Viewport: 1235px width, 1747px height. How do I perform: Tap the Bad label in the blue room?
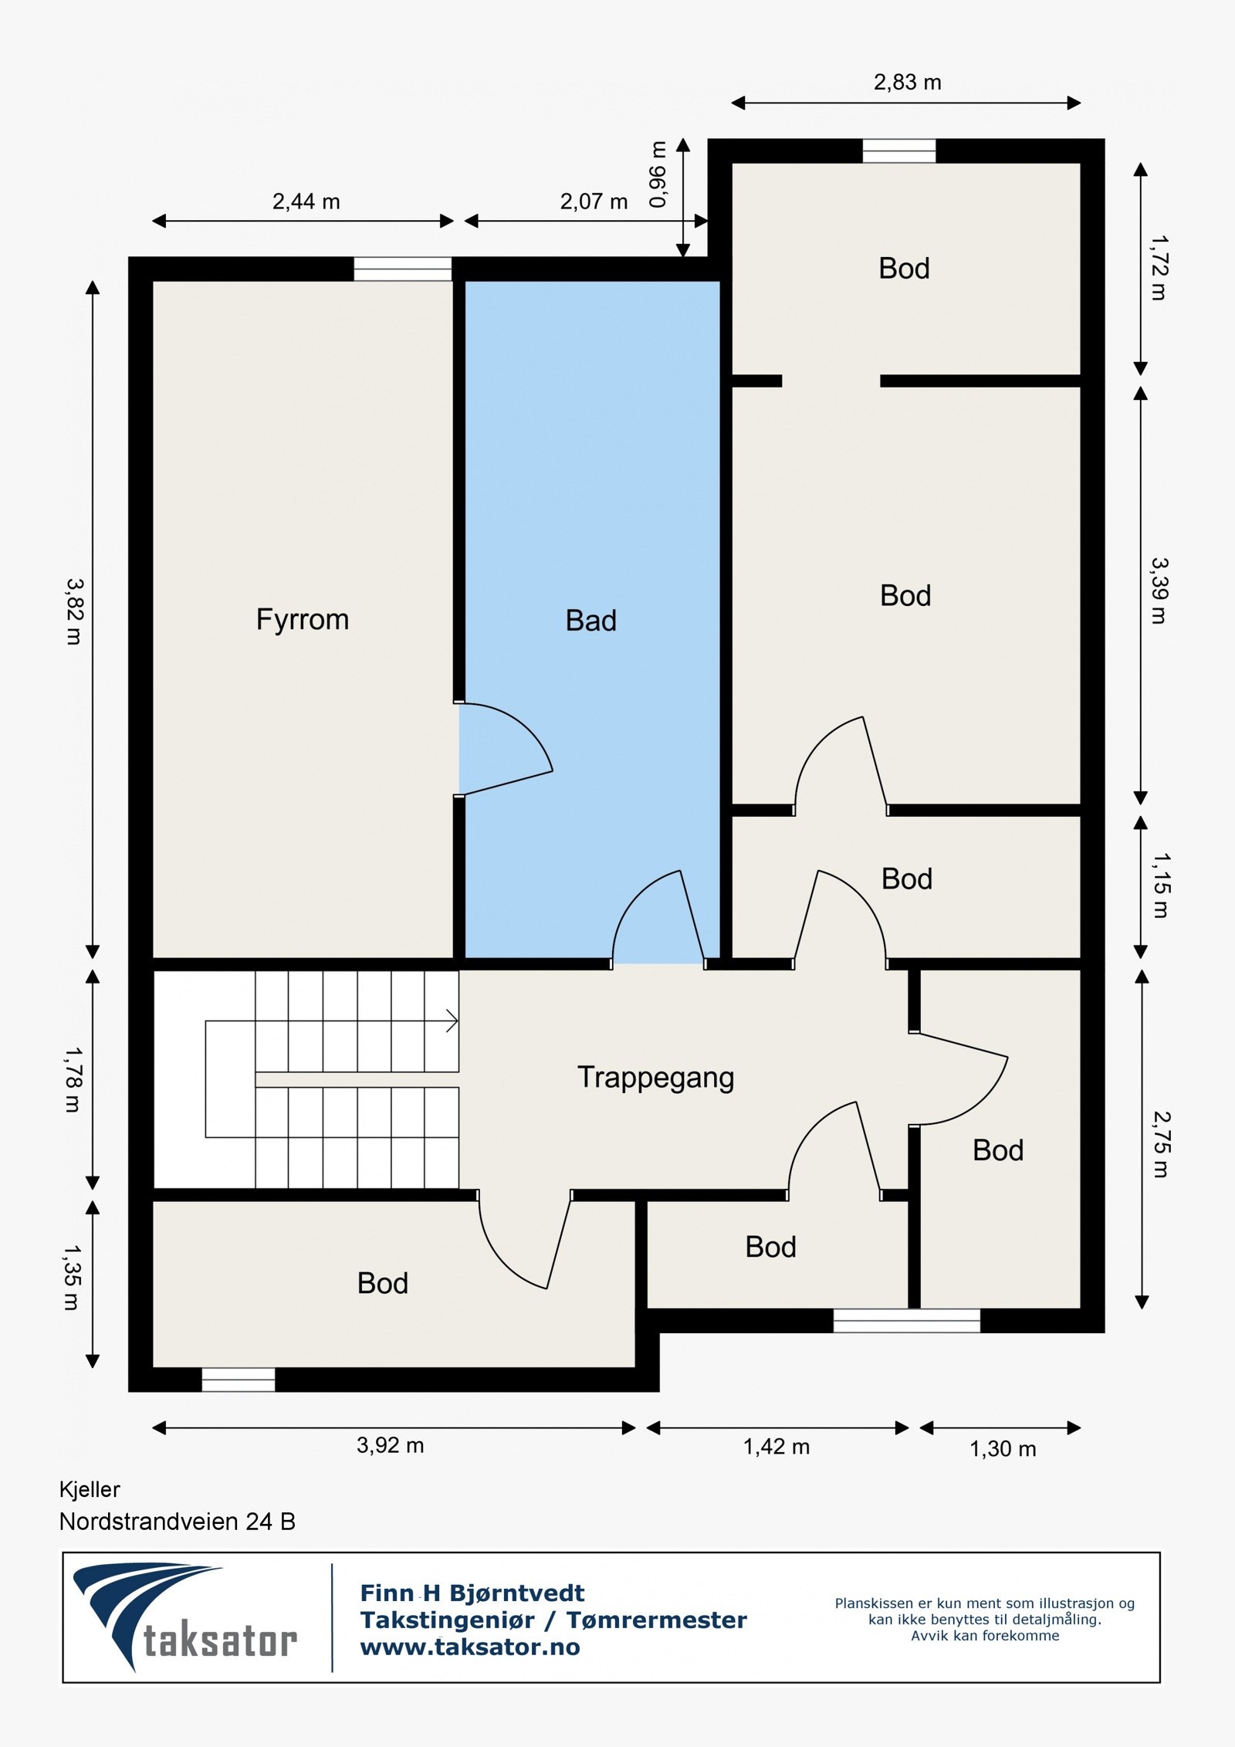click(591, 621)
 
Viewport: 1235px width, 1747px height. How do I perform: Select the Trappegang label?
click(655, 1078)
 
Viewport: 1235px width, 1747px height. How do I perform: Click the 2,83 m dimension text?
click(907, 82)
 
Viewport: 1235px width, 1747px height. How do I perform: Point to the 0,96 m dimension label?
click(658, 174)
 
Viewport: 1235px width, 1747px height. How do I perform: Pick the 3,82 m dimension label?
click(74, 611)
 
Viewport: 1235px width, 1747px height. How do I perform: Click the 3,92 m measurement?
click(390, 1445)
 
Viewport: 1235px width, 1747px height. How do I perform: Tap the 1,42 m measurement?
click(777, 1447)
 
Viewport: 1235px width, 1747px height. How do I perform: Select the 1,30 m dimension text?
click(1003, 1449)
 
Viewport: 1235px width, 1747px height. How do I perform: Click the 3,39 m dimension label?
click(1159, 591)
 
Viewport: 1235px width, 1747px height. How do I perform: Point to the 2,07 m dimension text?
click(594, 201)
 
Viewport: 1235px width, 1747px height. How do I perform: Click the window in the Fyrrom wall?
click(403, 269)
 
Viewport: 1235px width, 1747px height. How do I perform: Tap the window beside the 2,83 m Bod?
click(899, 151)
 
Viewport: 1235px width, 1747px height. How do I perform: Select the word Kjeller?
click(90, 1489)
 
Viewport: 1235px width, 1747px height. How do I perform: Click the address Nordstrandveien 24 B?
click(178, 1522)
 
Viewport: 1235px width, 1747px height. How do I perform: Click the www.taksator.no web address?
click(470, 1647)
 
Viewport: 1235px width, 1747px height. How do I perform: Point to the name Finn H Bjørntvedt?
click(472, 1593)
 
